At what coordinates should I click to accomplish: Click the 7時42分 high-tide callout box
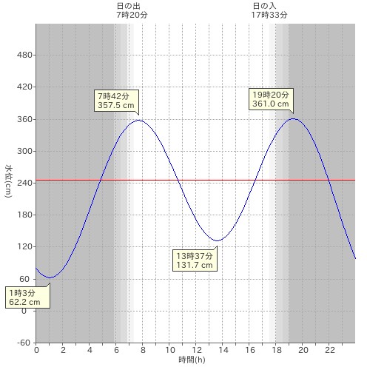[116, 101]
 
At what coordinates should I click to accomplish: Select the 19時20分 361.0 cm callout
[271, 99]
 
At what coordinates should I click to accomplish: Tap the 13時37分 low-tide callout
[195, 260]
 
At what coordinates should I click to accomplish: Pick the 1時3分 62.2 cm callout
[27, 297]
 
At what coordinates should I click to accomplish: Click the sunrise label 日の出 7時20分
[132, 10]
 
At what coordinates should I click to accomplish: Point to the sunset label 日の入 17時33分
[269, 10]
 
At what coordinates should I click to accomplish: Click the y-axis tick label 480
[24, 55]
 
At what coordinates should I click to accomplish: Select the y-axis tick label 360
[24, 119]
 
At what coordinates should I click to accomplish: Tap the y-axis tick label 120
[24, 246]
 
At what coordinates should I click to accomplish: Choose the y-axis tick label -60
[24, 343]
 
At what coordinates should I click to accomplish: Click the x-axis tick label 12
[197, 350]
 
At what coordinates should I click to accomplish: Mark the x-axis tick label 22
[330, 350]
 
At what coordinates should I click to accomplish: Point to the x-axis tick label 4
[90, 350]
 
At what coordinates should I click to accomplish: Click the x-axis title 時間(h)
[192, 360]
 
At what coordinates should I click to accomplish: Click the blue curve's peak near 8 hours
[139, 120]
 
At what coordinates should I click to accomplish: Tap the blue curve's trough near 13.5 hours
[218, 240]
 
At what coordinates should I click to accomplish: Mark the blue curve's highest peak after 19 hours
[294, 118]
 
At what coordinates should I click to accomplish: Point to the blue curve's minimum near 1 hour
[50, 277]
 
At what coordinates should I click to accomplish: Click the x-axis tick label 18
[277, 350]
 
